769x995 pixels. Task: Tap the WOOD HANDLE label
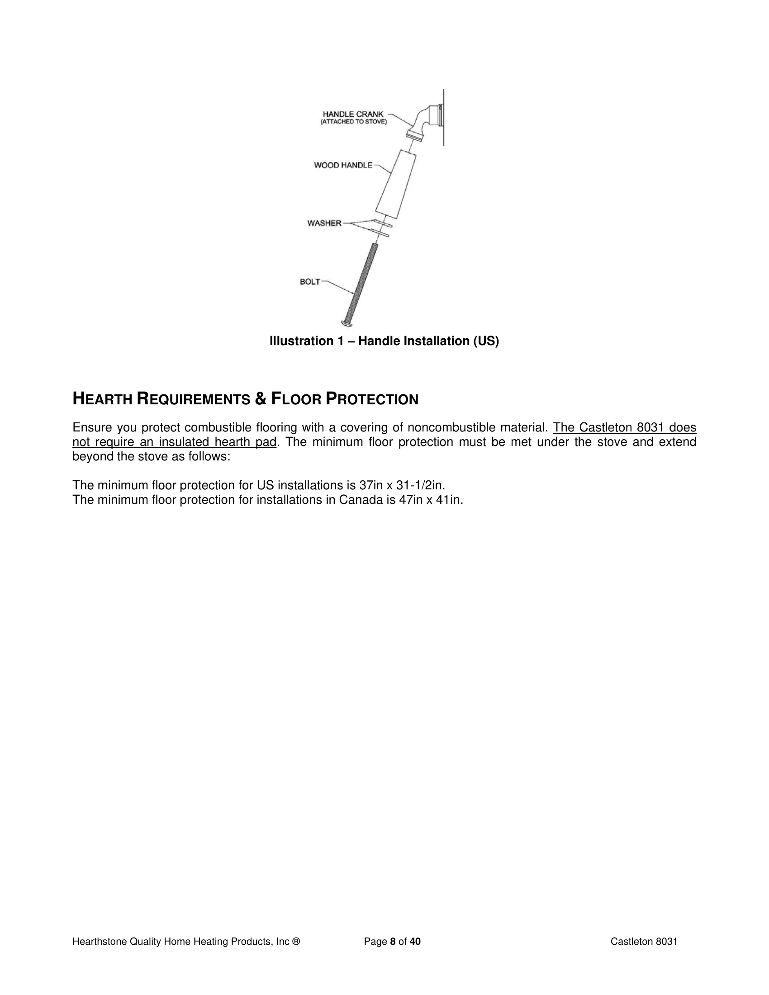(343, 166)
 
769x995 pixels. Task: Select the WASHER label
(324, 223)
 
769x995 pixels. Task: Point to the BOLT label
(310, 282)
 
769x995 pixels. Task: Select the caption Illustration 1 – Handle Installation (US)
(384, 341)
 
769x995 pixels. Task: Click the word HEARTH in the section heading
(103, 399)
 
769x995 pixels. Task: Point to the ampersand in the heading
(261, 399)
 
